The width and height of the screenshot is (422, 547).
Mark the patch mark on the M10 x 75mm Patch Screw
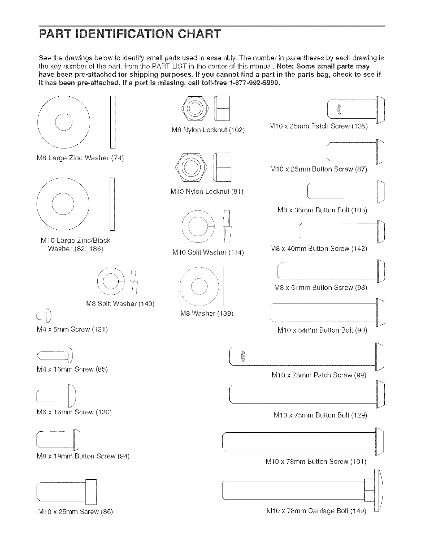(x=243, y=356)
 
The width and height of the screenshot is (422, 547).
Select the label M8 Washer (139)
(x=207, y=314)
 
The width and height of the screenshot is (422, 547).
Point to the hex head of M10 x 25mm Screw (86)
(x=91, y=492)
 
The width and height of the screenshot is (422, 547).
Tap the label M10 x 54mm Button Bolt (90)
(x=322, y=330)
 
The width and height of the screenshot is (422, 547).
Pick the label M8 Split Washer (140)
(x=120, y=304)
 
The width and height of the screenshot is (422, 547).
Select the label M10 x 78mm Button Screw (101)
(x=316, y=461)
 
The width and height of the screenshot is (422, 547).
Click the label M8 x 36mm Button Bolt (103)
(x=322, y=210)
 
